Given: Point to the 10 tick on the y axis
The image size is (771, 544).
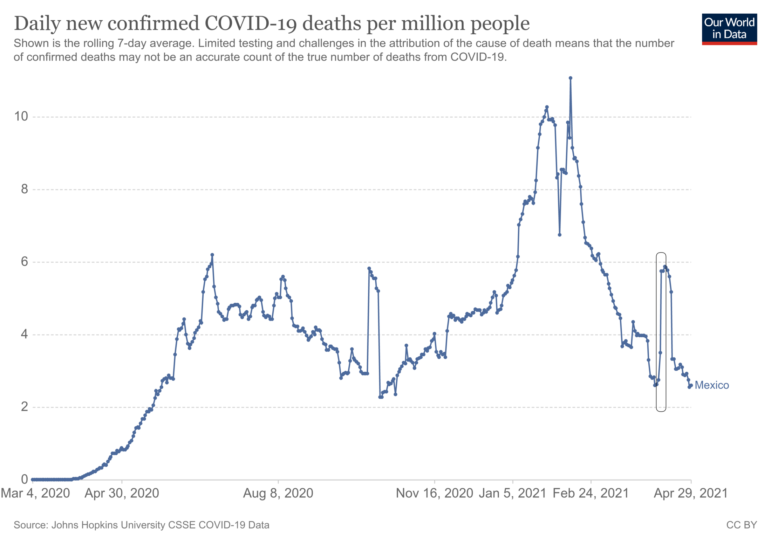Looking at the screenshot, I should [x=21, y=116].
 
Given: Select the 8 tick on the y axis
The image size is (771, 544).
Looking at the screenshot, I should [x=24, y=189].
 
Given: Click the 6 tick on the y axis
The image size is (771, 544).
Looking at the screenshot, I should [x=24, y=262].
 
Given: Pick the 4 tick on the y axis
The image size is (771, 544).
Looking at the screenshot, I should [x=24, y=334].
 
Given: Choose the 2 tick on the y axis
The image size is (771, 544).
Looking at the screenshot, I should [x=24, y=407].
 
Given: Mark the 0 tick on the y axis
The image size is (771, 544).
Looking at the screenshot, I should [x=24, y=479].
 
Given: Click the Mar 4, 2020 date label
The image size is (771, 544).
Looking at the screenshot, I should [x=35, y=493].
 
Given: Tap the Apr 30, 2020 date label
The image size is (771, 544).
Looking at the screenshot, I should [x=122, y=493].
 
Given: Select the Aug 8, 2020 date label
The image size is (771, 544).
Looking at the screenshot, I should [x=278, y=493].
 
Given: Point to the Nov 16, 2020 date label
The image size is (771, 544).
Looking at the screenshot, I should [x=434, y=493].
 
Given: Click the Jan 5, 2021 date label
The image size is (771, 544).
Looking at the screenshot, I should [x=512, y=493].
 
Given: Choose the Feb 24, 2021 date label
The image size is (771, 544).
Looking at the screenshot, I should [x=591, y=493].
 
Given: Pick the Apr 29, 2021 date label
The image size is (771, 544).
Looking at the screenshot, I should [x=690, y=493].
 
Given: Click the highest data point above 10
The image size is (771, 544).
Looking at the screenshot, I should [x=570, y=78].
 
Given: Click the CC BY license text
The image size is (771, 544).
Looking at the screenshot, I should [x=741, y=525].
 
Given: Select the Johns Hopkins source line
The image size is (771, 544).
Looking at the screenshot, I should [x=141, y=525].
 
